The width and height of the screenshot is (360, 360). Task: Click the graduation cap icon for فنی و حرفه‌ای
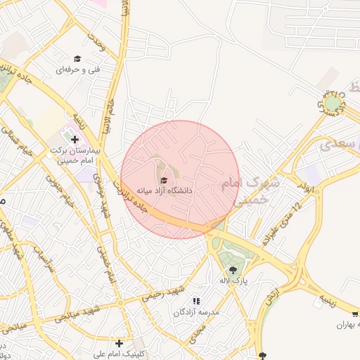click(x=77, y=59)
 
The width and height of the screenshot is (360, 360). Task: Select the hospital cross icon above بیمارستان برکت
click(x=75, y=140)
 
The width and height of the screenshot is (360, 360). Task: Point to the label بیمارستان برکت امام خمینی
click(x=76, y=155)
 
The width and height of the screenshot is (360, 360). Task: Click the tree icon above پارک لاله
click(x=232, y=269)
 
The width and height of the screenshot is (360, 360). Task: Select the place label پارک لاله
click(x=233, y=281)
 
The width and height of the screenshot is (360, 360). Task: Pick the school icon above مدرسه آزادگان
click(x=196, y=301)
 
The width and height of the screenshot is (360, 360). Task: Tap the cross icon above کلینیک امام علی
click(x=120, y=343)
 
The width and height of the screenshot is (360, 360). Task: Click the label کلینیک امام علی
click(x=121, y=354)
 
